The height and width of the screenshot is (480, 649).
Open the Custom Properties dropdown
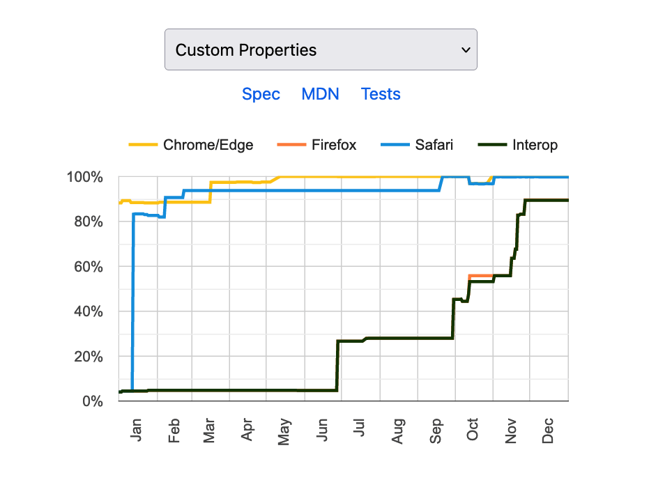click(x=320, y=49)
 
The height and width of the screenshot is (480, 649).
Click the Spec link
click(x=261, y=94)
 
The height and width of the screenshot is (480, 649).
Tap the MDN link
click(x=320, y=94)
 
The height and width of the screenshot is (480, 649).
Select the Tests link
click(x=381, y=94)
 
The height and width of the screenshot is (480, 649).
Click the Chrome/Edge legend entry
click(x=208, y=145)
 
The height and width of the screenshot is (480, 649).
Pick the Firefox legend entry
click(x=333, y=145)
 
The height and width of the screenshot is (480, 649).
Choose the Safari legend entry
click(x=434, y=145)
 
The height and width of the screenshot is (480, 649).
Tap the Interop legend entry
click(x=534, y=145)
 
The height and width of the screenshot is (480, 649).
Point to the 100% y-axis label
click(x=85, y=178)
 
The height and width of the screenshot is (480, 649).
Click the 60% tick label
click(x=89, y=267)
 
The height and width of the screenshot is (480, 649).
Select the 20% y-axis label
click(x=89, y=357)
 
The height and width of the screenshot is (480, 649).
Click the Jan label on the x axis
click(x=136, y=429)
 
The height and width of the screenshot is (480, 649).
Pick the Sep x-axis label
click(x=437, y=429)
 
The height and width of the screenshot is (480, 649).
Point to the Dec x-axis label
click(x=549, y=429)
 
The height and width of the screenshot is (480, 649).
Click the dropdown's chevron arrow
click(x=466, y=50)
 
